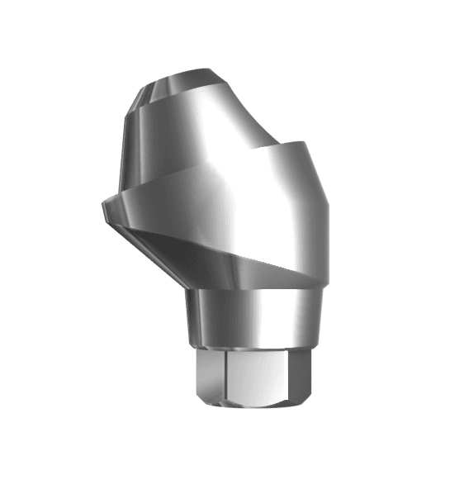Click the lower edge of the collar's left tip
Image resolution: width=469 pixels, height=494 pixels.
(111, 216)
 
